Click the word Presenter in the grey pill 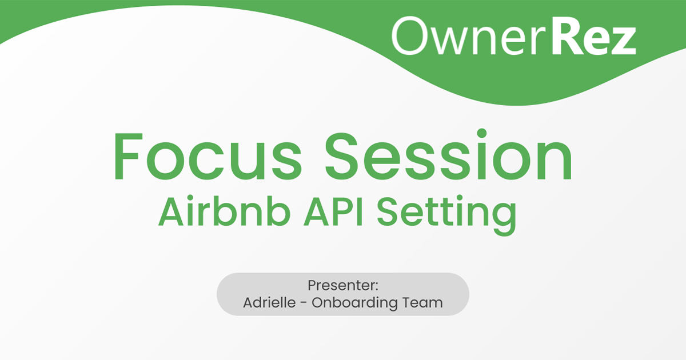pyautogui.click(x=341, y=285)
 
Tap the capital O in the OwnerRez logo pyautogui.click(x=412, y=37)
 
